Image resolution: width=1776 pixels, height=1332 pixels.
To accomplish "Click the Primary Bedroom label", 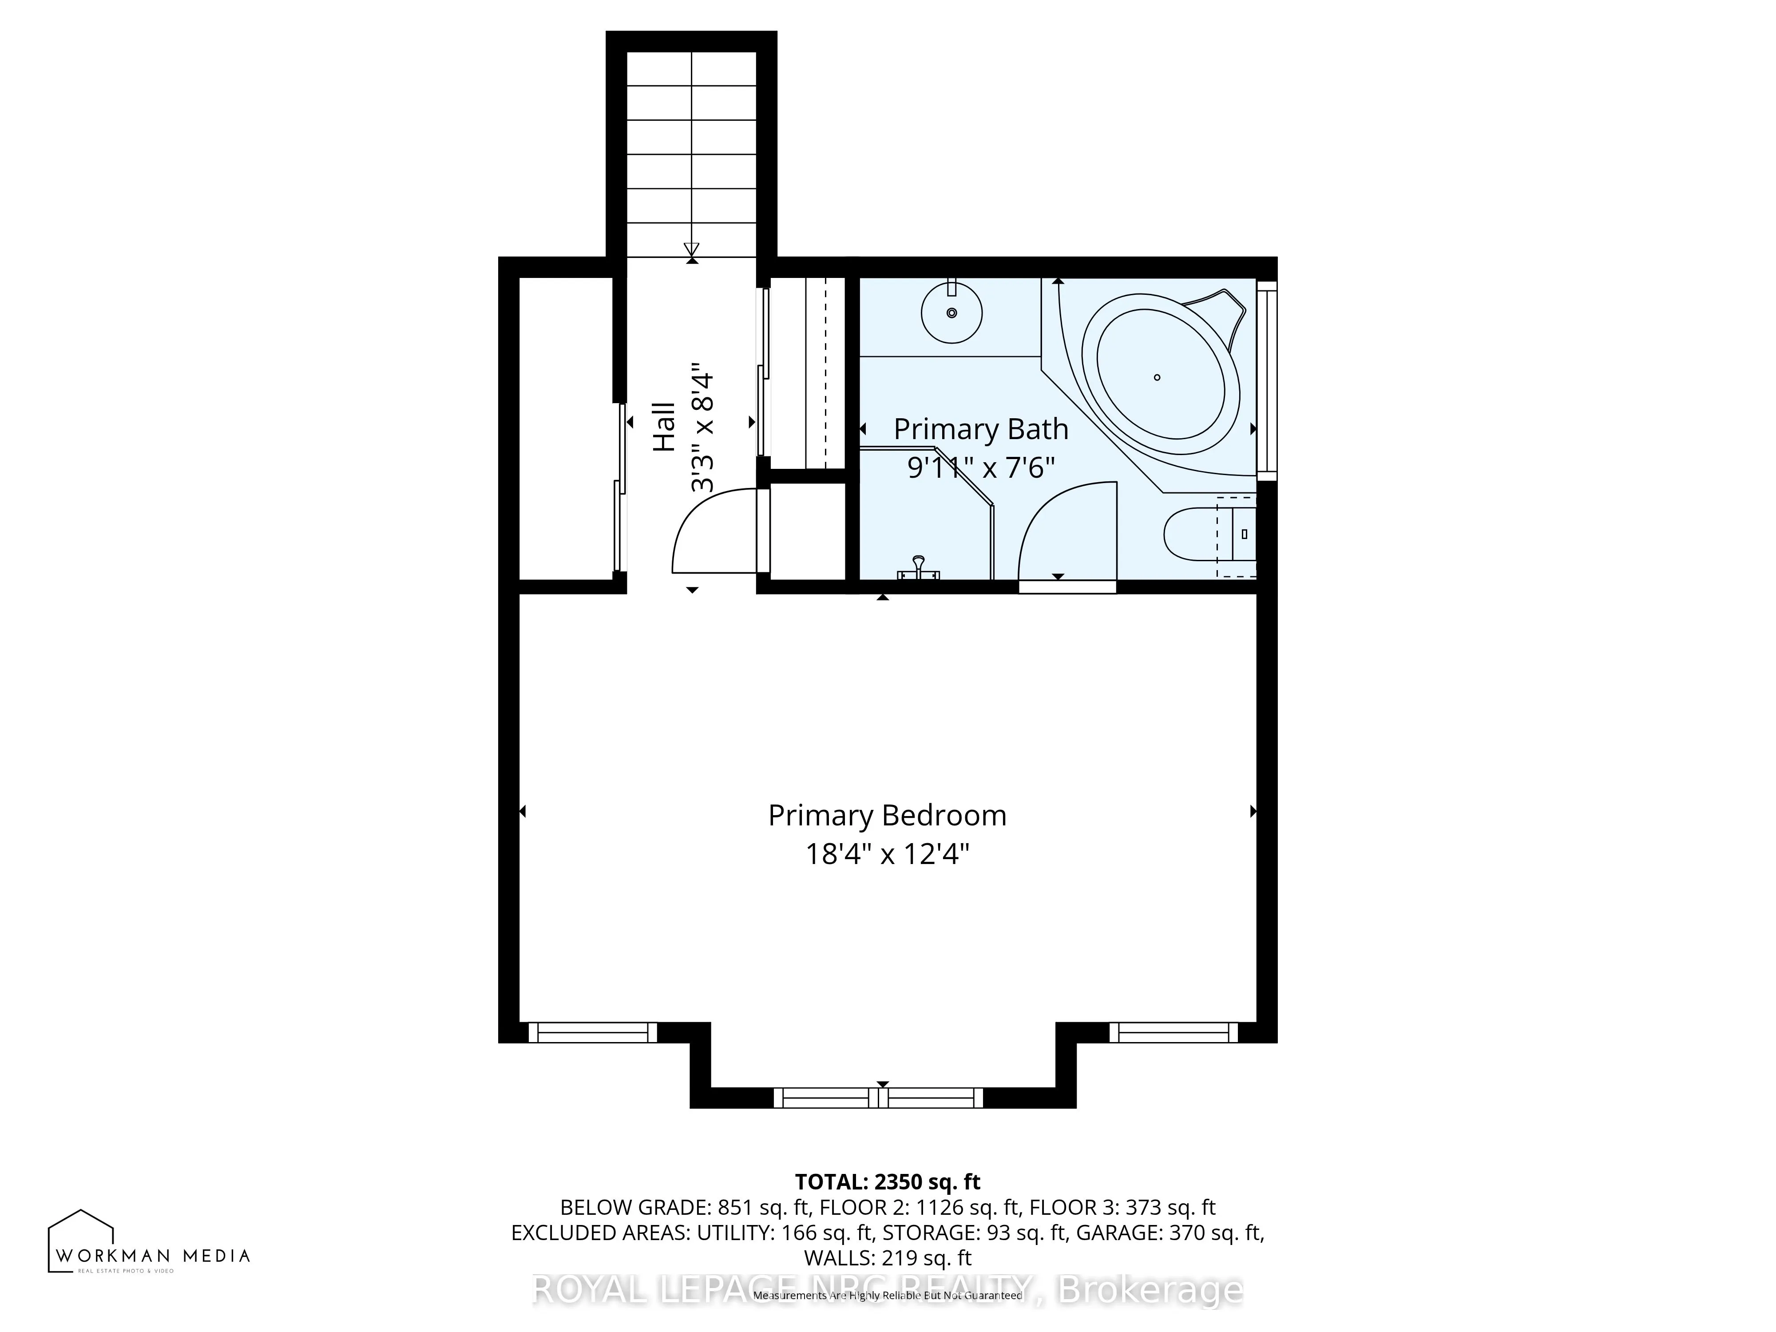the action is [x=887, y=816].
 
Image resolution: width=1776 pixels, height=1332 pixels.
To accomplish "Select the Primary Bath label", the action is [x=980, y=429].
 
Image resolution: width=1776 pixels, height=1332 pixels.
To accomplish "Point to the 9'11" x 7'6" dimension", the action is [x=980, y=467].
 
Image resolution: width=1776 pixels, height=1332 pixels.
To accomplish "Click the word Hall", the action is [x=664, y=427].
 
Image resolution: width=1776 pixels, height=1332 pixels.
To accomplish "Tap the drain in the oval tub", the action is [x=1157, y=377].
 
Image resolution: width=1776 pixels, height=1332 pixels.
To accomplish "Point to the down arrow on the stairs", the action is [x=691, y=249].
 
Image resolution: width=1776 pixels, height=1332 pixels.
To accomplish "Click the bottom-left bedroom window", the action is [x=593, y=1032].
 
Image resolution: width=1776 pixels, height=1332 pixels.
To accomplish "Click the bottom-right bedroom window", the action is [x=1173, y=1032].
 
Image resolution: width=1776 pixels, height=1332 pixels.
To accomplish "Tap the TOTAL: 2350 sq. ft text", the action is [x=887, y=1182].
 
